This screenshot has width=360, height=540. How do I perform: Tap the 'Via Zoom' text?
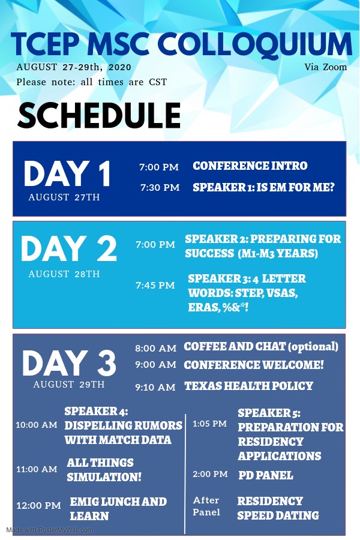point(326,67)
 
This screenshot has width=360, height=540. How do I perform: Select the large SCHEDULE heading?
point(99,115)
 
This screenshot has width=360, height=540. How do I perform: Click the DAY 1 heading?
point(68,174)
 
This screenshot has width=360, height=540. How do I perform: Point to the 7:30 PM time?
point(160,188)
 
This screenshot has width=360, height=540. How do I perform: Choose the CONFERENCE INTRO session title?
point(250,166)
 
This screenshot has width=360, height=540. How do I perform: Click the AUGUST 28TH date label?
point(64,274)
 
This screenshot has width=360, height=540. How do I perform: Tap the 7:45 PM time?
point(155,286)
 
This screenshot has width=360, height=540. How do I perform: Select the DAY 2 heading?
point(69,248)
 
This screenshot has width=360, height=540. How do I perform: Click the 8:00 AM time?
point(156,348)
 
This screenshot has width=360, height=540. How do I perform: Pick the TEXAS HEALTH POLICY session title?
point(248,386)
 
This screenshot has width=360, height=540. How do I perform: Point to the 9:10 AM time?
point(155,387)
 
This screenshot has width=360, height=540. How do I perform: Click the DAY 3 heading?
point(69,363)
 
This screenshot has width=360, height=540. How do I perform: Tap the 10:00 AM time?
point(37,425)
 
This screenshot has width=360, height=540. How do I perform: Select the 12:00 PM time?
point(38,506)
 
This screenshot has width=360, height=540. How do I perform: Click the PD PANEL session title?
point(266,475)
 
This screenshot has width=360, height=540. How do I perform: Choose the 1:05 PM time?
point(209,424)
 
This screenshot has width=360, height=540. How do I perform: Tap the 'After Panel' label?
point(206,506)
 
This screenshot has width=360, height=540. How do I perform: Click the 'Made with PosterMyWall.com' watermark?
point(49,530)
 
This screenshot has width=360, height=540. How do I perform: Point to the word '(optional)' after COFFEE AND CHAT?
point(313,346)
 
